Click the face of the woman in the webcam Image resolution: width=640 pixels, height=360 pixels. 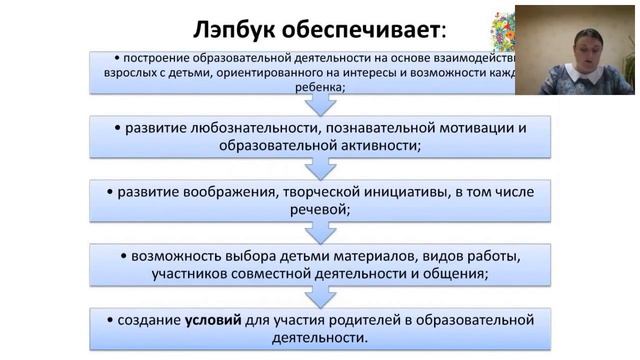pyautogui.click(x=579, y=46)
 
